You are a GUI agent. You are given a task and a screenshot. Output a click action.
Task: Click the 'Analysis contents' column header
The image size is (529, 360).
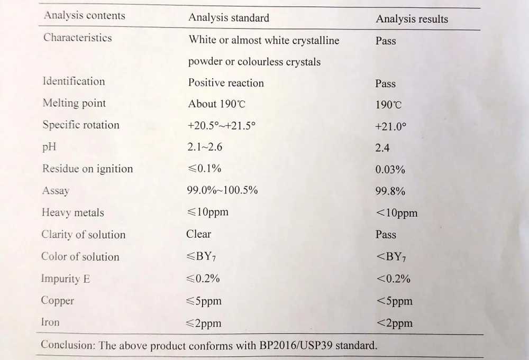click(x=85, y=15)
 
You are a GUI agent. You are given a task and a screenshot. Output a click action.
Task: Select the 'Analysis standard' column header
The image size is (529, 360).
click(x=229, y=17)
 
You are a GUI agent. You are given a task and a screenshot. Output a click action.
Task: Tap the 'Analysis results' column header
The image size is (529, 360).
click(x=412, y=20)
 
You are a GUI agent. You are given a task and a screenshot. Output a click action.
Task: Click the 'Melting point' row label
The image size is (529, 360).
click(x=74, y=103)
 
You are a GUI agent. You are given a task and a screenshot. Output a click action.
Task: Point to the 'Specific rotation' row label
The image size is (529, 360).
click(x=81, y=125)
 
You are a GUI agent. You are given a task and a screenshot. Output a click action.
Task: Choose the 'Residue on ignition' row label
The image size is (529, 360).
click(x=87, y=169)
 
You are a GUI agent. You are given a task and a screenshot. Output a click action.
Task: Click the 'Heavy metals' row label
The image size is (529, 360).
click(x=73, y=213)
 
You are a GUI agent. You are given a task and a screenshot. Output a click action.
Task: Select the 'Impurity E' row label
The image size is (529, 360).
click(x=66, y=279)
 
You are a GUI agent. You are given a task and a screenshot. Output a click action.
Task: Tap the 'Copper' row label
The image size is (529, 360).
click(x=58, y=301)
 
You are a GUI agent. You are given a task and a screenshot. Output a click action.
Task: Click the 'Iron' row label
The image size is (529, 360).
click(x=51, y=322)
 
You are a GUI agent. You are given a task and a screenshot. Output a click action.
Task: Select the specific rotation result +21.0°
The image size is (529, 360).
click(x=390, y=127)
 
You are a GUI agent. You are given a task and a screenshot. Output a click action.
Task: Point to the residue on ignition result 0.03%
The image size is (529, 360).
click(x=390, y=170)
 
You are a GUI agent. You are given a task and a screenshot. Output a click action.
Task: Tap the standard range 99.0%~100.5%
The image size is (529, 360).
click(x=222, y=190)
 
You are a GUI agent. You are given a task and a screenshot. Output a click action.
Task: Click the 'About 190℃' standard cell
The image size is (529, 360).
click(x=217, y=104)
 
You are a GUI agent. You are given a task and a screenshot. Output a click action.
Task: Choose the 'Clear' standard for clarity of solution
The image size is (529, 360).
click(x=198, y=234)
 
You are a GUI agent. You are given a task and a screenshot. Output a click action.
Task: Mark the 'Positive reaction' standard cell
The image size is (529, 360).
click(x=226, y=83)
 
